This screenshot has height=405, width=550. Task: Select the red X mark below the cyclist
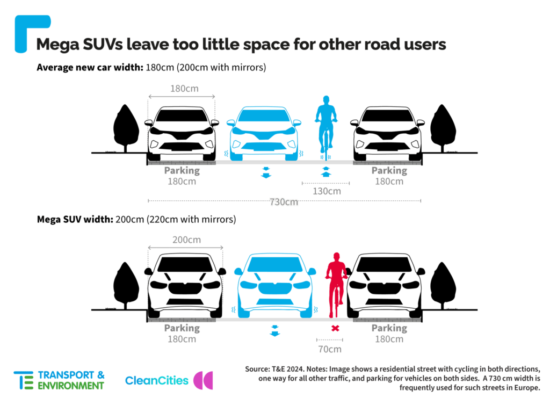click(335, 328)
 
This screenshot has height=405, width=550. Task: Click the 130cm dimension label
click(327, 191)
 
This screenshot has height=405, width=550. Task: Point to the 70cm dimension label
click(330, 349)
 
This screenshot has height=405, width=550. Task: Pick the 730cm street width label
click(284, 202)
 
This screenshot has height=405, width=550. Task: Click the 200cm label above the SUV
click(186, 240)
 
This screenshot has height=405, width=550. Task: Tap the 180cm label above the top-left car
click(185, 89)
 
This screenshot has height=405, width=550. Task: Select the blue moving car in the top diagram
click(264, 133)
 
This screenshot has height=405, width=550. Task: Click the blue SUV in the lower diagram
click(275, 285)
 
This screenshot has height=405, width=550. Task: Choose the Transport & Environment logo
click(59, 380)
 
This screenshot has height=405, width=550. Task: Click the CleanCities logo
click(169, 380)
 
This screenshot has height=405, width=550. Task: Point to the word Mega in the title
click(57, 45)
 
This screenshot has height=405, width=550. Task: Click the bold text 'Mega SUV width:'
click(75, 220)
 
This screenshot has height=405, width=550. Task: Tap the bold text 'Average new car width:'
click(90, 67)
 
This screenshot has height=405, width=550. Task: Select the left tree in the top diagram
click(126, 128)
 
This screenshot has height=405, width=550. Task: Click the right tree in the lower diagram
click(443, 285)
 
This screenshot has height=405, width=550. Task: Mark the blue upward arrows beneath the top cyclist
click(326, 172)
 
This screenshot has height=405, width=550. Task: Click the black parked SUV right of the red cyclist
click(386, 285)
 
